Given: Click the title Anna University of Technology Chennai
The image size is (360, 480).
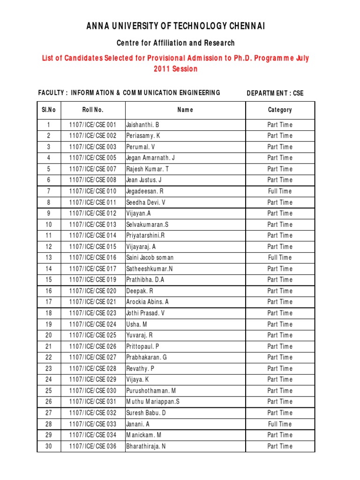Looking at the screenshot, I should click(x=176, y=26).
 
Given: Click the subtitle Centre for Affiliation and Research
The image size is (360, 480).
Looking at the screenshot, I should click(x=176, y=43).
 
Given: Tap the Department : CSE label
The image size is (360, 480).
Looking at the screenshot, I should click(x=275, y=93).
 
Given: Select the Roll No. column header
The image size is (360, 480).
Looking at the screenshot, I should click(x=93, y=110).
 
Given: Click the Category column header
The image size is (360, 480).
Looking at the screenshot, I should click(x=280, y=110).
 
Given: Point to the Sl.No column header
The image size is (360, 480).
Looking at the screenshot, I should click(x=49, y=110).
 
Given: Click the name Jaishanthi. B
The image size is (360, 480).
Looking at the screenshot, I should click(x=143, y=125).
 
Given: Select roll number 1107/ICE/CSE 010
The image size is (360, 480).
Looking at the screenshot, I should click(x=93, y=191).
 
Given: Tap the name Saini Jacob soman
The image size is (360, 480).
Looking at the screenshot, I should click(x=150, y=257).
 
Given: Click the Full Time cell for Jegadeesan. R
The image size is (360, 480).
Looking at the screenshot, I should click(x=280, y=191).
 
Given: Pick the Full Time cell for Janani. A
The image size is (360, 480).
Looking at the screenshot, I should click(x=280, y=424).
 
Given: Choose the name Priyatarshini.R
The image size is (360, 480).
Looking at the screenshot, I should click(x=146, y=235).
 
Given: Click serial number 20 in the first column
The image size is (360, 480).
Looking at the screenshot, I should click(x=49, y=335).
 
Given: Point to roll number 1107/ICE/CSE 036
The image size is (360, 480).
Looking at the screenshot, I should click(x=93, y=446).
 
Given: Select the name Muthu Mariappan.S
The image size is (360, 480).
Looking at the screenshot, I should click(x=153, y=402).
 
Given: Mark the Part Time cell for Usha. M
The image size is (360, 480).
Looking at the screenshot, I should click(x=280, y=324).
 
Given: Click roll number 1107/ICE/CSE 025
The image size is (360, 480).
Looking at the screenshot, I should click(x=93, y=335).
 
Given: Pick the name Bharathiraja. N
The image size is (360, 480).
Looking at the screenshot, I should click(x=146, y=446).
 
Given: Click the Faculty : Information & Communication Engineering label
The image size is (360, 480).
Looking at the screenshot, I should click(x=129, y=93).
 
